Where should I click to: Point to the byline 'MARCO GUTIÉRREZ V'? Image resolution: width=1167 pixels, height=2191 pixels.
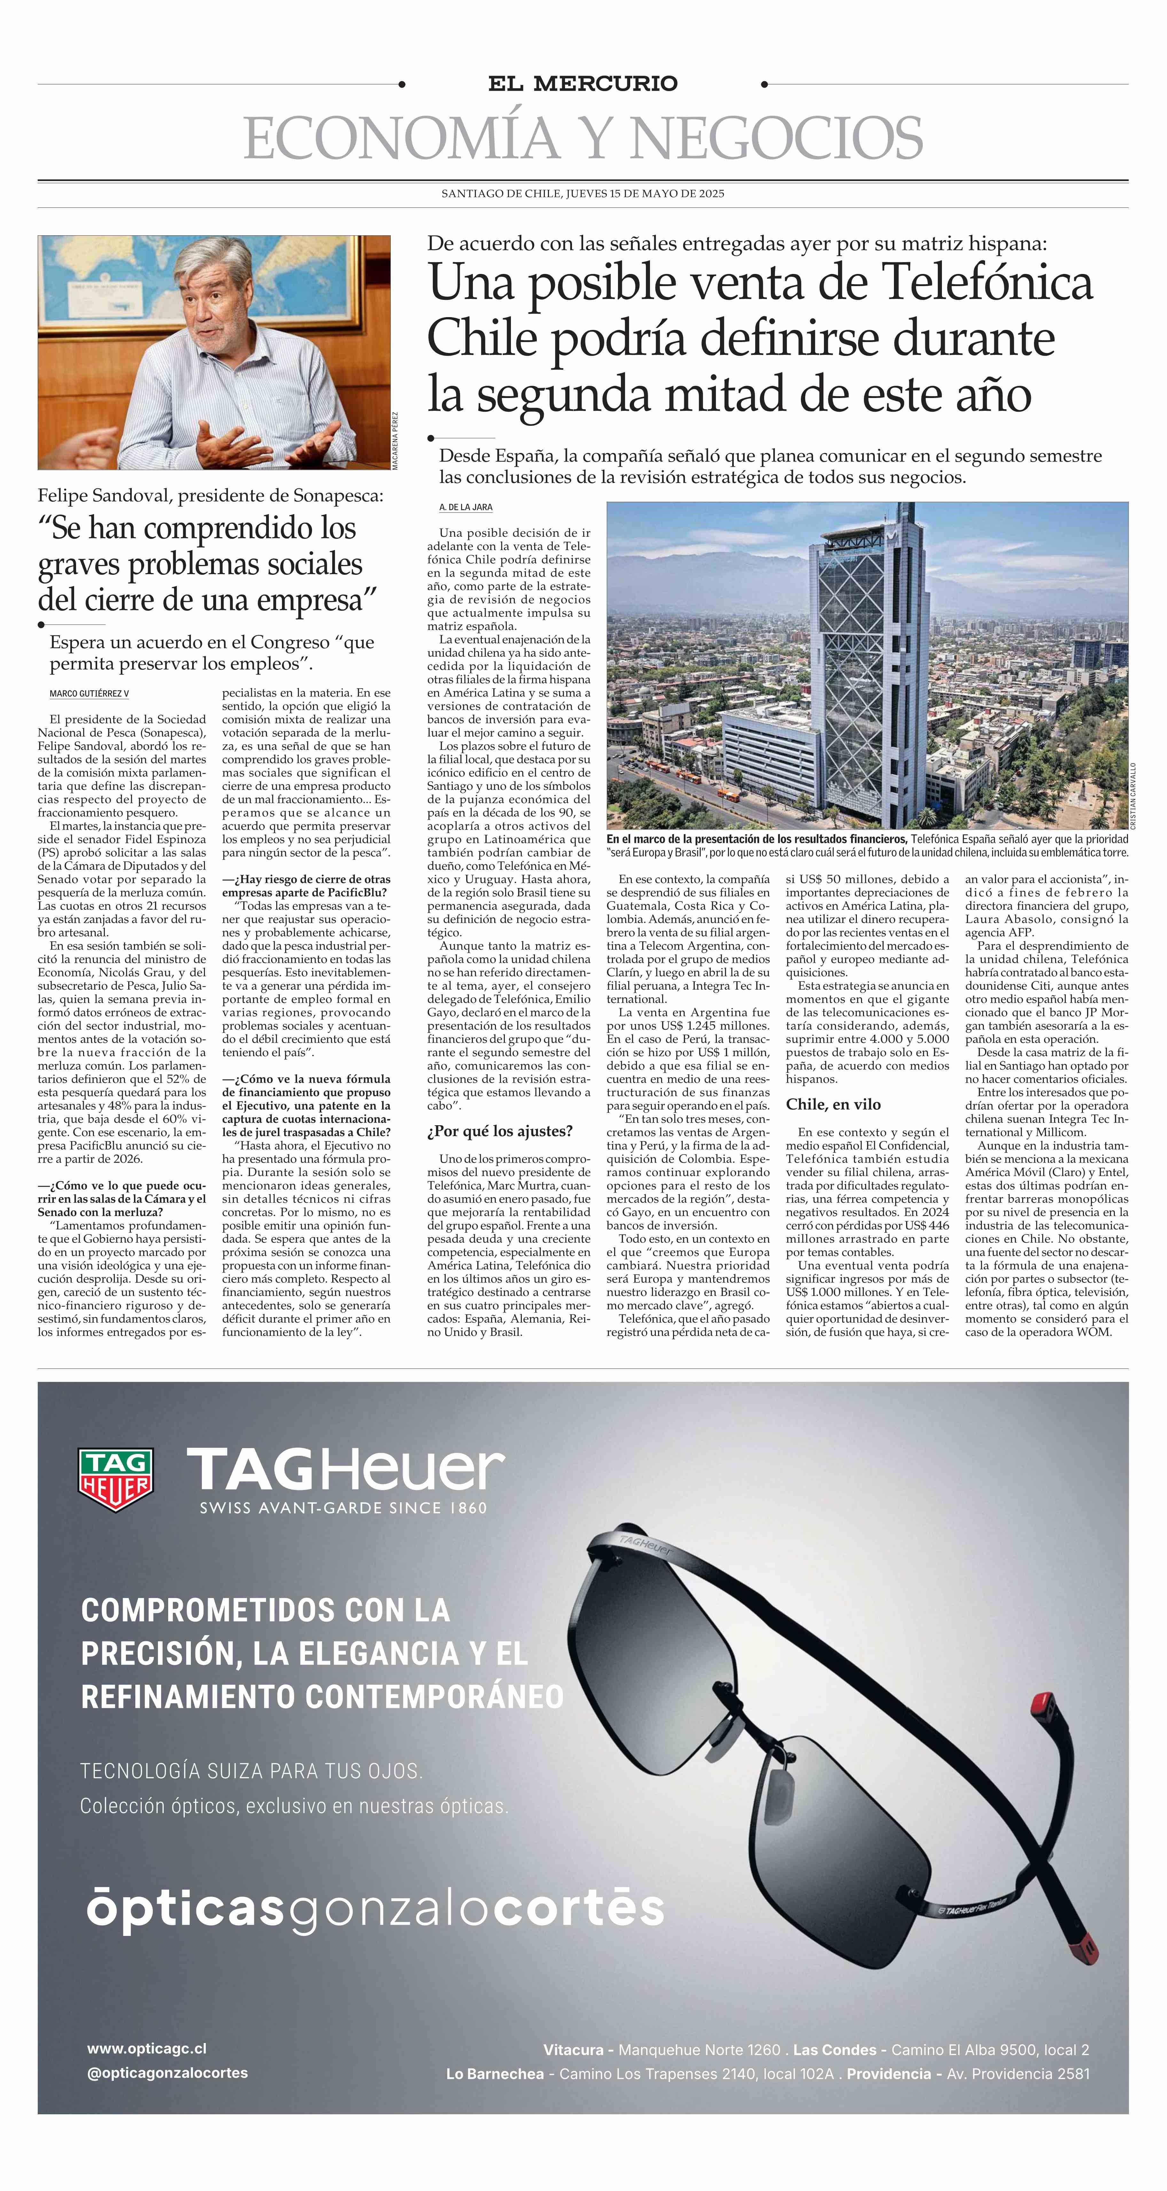89,694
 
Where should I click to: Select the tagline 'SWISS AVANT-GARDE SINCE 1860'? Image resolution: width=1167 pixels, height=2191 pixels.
343,1508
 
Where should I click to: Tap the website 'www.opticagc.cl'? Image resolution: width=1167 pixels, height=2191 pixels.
146,2049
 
